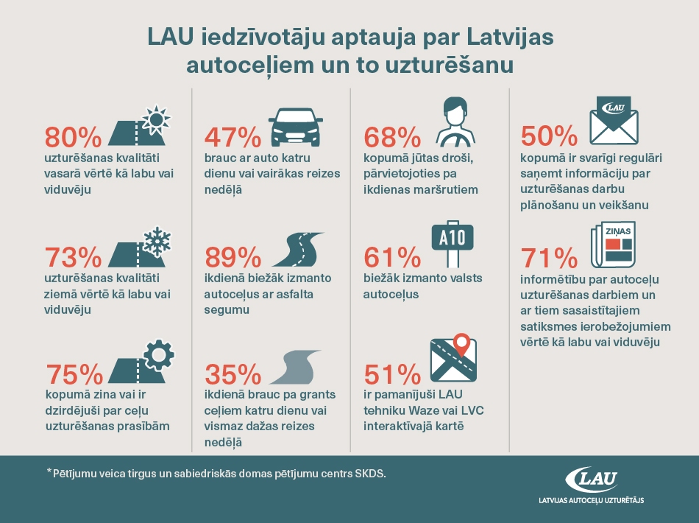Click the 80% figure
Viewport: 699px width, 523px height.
(x=73, y=138)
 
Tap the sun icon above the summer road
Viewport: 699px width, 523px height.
(x=155, y=119)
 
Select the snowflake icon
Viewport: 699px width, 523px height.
(x=155, y=240)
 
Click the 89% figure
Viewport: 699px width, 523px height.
(x=233, y=259)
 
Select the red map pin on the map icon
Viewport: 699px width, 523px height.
(x=461, y=343)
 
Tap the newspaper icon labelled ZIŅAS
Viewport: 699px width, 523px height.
(x=613, y=245)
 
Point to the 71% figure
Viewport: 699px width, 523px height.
(x=549, y=259)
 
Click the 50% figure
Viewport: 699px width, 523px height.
(x=549, y=138)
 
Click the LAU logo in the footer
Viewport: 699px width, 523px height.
(x=592, y=480)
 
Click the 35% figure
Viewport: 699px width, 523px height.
(x=233, y=376)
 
